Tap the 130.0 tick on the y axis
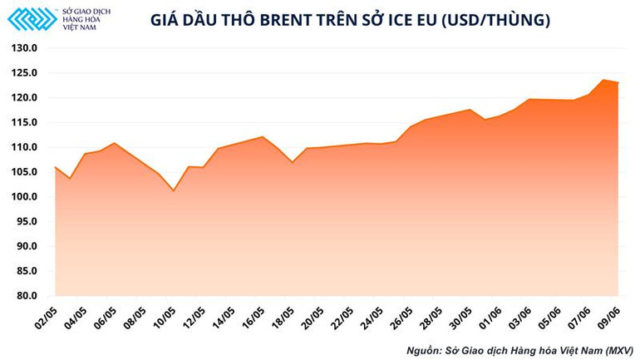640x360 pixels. point(25,48)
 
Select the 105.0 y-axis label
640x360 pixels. point(25,172)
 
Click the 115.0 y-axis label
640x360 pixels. point(25,122)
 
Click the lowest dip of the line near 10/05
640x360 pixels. point(174,190)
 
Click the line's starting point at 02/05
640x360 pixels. point(56,167)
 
